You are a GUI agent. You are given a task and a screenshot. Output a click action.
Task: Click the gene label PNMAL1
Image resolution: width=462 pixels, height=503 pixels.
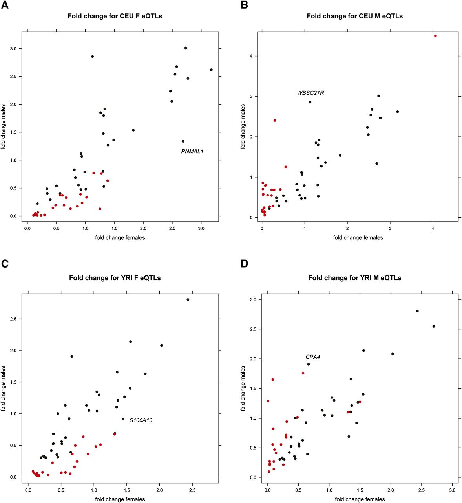(x=192, y=151)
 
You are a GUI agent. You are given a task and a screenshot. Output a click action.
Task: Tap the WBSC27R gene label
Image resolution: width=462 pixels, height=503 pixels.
(x=310, y=93)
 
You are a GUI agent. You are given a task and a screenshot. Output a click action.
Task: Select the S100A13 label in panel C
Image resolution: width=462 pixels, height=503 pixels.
(x=141, y=420)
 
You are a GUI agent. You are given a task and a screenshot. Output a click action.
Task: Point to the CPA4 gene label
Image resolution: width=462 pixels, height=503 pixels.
(x=313, y=357)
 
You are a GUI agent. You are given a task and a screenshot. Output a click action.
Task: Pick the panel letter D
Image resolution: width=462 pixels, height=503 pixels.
(x=245, y=263)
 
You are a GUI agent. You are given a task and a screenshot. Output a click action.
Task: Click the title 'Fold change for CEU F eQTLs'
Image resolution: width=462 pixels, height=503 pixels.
(x=115, y=16)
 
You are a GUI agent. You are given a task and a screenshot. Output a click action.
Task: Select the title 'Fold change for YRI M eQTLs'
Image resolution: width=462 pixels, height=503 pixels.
(x=354, y=278)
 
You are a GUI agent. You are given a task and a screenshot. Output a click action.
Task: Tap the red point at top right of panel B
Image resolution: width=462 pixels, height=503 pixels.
(x=435, y=36)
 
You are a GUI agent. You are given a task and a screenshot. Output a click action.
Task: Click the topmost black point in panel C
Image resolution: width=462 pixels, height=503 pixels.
(x=188, y=299)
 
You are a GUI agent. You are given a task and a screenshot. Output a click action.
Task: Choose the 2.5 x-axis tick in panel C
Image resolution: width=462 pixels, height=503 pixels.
(x=192, y=490)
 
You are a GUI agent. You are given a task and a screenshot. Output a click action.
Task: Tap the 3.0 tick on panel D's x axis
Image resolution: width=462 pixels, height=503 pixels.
(x=452, y=490)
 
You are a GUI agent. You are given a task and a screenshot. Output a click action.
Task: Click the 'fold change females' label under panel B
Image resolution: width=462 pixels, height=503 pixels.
(x=358, y=237)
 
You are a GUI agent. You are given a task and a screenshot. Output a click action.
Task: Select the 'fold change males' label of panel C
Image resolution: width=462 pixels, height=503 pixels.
(x=4, y=388)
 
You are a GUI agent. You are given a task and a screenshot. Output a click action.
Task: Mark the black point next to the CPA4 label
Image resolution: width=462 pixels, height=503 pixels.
(x=309, y=364)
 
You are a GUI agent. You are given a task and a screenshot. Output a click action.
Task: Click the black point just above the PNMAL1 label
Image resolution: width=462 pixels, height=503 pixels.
(x=183, y=141)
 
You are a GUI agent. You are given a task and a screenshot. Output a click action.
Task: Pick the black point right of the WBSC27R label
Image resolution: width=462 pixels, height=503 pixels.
(x=310, y=102)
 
